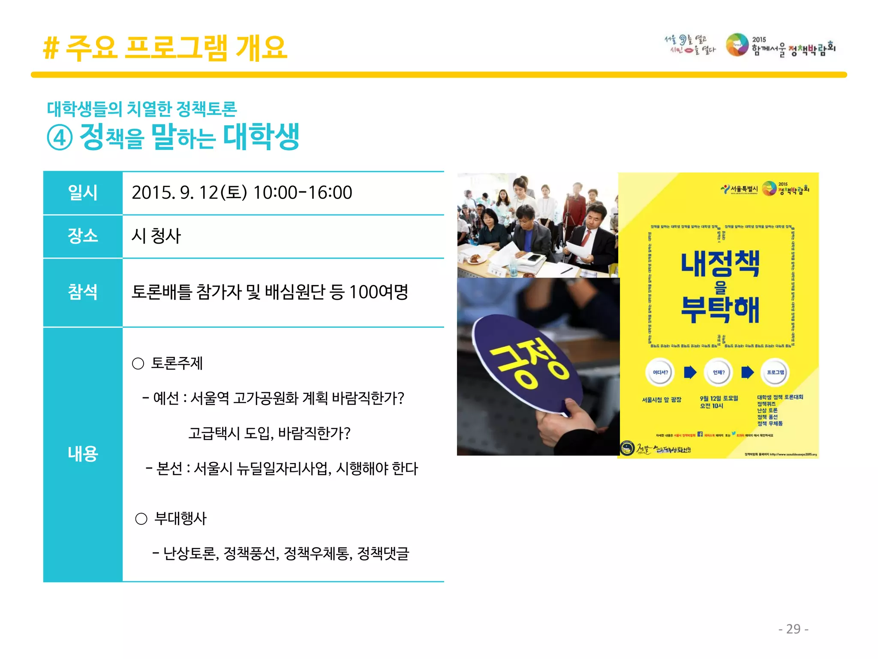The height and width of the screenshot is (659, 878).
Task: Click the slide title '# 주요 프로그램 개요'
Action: (165, 48)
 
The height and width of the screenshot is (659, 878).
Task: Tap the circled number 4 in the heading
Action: (60, 138)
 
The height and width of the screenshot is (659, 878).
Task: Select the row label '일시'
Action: (83, 193)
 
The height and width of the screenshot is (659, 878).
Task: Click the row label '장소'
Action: (83, 236)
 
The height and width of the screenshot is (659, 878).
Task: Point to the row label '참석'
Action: (83, 292)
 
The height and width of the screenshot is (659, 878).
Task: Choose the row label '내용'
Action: (83, 453)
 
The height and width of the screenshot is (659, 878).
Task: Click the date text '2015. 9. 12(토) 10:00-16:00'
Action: (242, 193)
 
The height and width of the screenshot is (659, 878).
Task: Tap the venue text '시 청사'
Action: (156, 236)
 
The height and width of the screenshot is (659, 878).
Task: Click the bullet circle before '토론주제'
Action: (138, 364)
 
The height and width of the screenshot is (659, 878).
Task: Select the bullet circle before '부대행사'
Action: (141, 519)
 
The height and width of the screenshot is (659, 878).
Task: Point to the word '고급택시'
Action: (214, 433)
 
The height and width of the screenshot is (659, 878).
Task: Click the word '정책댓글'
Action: (383, 553)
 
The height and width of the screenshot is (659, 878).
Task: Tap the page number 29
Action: (793, 629)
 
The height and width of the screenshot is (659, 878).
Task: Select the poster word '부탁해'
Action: (720, 310)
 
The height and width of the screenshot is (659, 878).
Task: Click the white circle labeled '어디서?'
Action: (660, 372)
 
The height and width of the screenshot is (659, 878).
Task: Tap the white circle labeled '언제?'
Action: (719, 372)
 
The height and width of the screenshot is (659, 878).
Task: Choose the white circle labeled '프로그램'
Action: (775, 372)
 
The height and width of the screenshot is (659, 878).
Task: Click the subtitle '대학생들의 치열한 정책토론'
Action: (142, 109)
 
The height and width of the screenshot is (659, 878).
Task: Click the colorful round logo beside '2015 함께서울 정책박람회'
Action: (737, 45)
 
